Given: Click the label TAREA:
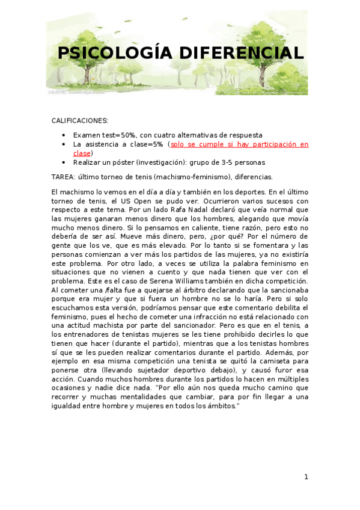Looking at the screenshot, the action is (x=63, y=177).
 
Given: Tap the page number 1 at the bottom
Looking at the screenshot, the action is (x=306, y=477).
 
